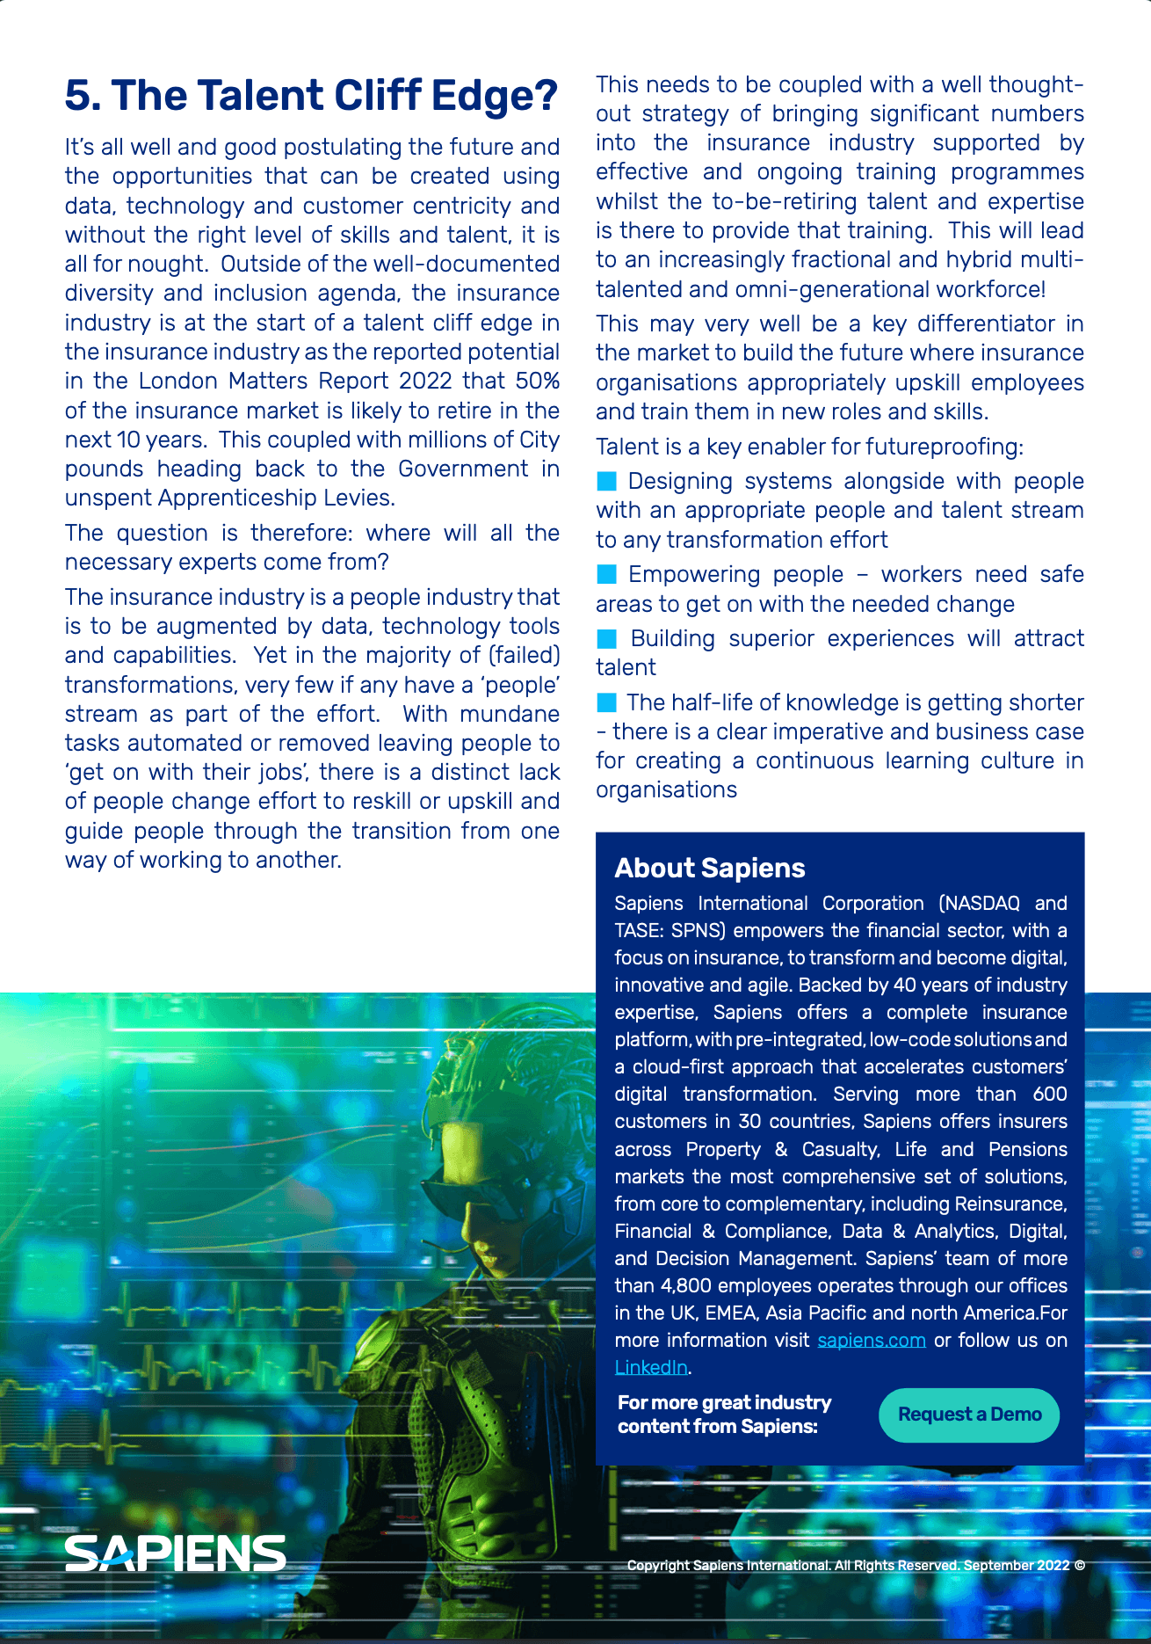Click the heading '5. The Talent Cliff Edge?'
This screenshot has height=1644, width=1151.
311,96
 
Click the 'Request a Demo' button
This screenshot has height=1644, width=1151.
969,1415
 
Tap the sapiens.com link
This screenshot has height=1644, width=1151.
871,1340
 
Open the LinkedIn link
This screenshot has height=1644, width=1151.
650,1367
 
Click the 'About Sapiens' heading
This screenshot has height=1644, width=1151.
710,868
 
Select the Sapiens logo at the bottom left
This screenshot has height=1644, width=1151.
176,1554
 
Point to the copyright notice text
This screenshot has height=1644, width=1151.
855,1565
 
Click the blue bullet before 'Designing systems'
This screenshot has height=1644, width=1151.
606,481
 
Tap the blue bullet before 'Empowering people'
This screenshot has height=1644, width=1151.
606,574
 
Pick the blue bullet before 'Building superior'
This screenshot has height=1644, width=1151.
606,638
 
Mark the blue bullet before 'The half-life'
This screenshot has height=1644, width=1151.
606,702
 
